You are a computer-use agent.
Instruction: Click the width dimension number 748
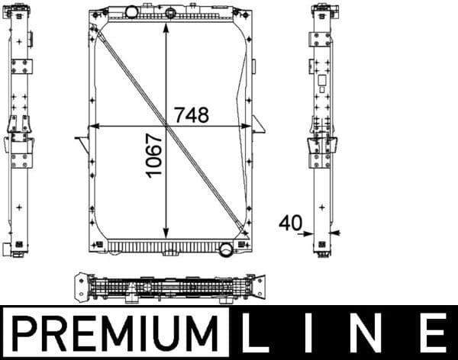click(191, 114)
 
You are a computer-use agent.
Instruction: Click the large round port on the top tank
click(131, 13)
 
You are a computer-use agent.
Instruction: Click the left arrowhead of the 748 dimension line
click(94, 124)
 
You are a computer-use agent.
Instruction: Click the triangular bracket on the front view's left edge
click(82, 140)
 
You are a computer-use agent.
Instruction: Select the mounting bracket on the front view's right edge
click(258, 123)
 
